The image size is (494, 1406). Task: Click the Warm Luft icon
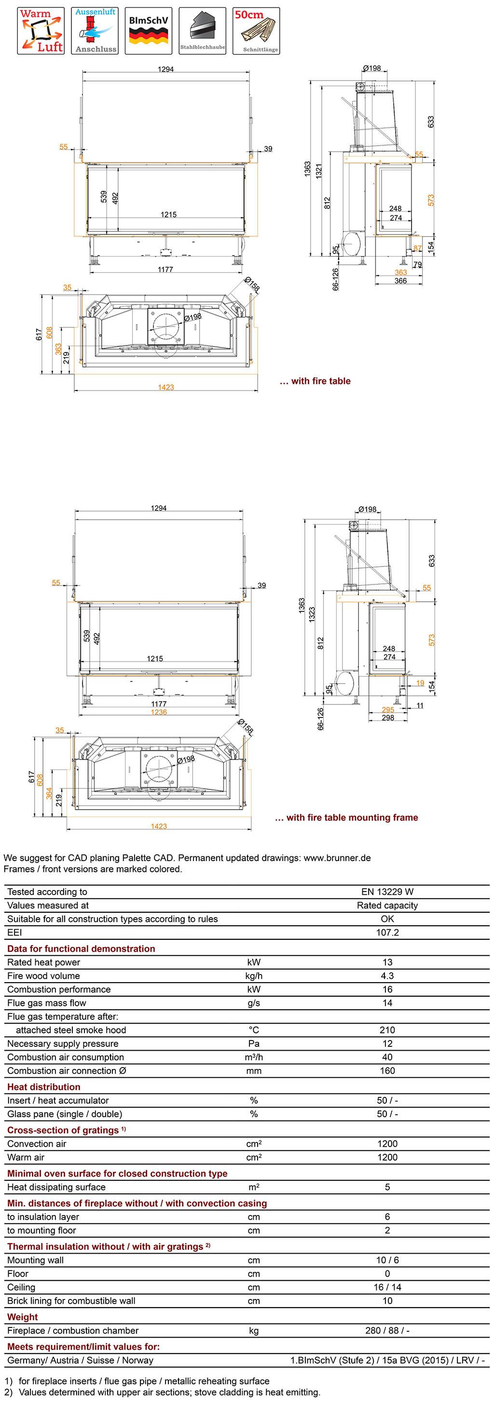point(41,30)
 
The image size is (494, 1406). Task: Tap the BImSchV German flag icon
point(149,30)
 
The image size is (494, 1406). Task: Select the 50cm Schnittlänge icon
point(257,30)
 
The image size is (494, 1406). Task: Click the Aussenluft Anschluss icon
point(96,30)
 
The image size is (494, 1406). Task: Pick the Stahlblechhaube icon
point(203,30)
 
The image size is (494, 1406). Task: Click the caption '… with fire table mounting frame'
point(346,817)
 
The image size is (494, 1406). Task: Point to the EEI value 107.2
point(387,932)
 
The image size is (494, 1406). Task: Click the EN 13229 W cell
point(387,892)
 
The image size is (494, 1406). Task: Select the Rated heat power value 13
point(387,962)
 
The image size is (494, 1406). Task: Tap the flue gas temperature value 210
point(387,1030)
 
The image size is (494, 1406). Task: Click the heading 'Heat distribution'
point(44,1087)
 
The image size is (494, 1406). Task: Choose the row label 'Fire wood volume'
point(44,976)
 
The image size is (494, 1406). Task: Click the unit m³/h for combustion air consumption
point(254,1057)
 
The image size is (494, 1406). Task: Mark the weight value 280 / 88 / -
point(387,1330)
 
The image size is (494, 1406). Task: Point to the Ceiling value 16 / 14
point(387,1287)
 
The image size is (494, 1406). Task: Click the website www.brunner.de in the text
point(337,857)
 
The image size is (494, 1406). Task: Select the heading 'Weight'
point(22,1317)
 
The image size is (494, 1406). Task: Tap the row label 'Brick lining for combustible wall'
point(71,1301)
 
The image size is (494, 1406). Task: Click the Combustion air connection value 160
point(387,1070)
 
